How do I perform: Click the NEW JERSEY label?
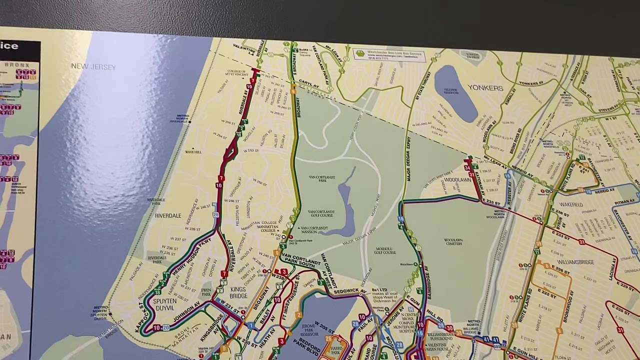93,66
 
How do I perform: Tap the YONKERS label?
485,88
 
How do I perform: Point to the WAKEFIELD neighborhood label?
571,204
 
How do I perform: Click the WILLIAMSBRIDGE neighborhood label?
575,261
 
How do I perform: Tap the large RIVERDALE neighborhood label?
168,216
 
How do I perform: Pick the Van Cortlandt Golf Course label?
320,214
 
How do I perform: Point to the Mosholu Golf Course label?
385,250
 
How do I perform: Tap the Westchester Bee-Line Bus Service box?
389,54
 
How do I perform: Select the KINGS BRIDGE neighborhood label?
238,292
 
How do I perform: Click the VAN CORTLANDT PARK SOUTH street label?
300,260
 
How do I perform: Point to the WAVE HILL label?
193,151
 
